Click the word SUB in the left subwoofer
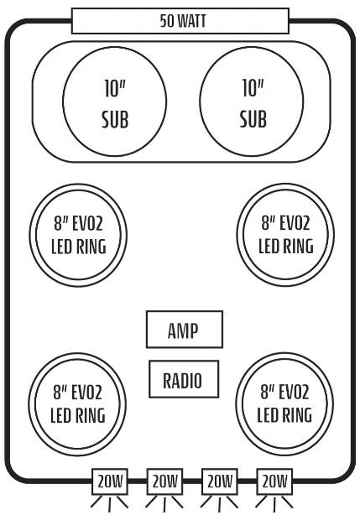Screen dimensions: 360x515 pos(115,120)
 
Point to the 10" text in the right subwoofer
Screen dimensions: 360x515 pos(253,88)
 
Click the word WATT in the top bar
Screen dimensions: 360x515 pos(191,21)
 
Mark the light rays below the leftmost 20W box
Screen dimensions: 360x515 pos(109,504)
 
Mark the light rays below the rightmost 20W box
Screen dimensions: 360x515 pos(274,504)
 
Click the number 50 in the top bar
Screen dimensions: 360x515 pos(166,21)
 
